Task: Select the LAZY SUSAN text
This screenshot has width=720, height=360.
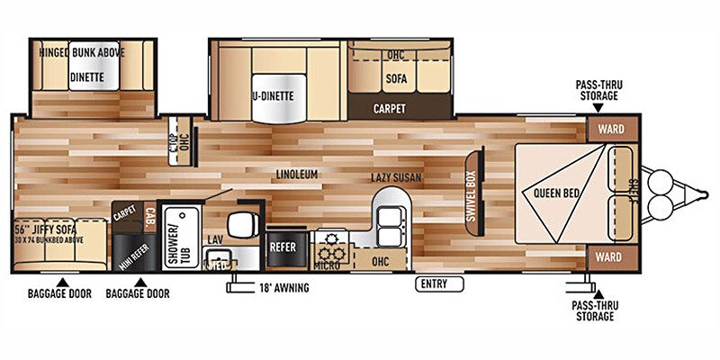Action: (x=396, y=178)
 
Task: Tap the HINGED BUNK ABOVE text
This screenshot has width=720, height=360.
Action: (x=82, y=52)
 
